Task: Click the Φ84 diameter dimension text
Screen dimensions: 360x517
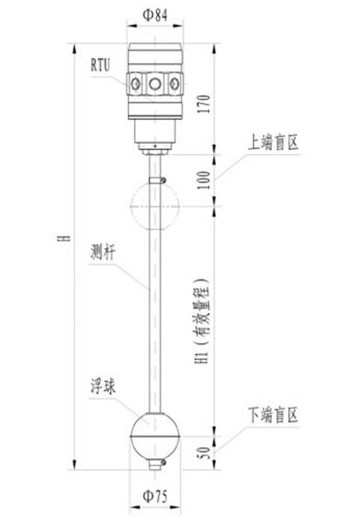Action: pyautogui.click(x=155, y=15)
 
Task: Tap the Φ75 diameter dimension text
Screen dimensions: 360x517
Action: pyautogui.click(x=155, y=496)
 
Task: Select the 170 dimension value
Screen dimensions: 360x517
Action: pyautogui.click(x=204, y=104)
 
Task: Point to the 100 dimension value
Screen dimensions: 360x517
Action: pyautogui.click(x=205, y=180)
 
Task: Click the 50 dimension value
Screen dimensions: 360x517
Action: pyautogui.click(x=205, y=452)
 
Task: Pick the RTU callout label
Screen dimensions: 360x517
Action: pyautogui.click(x=100, y=65)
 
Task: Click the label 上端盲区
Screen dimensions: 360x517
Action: pyautogui.click(x=273, y=143)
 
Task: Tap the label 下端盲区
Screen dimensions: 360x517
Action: pyautogui.click(x=273, y=415)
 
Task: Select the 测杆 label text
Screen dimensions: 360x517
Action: pyautogui.click(x=103, y=253)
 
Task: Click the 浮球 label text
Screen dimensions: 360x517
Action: pyautogui.click(x=103, y=386)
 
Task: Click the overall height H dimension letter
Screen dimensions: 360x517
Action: pyautogui.click(x=67, y=238)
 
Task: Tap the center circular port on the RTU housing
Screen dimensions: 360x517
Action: pyautogui.click(x=155, y=84)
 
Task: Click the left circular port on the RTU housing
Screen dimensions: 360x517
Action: pyautogui.click(x=136, y=84)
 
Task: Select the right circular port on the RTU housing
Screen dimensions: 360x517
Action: pyautogui.click(x=175, y=84)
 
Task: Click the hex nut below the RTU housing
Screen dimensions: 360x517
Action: pyautogui.click(x=155, y=152)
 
